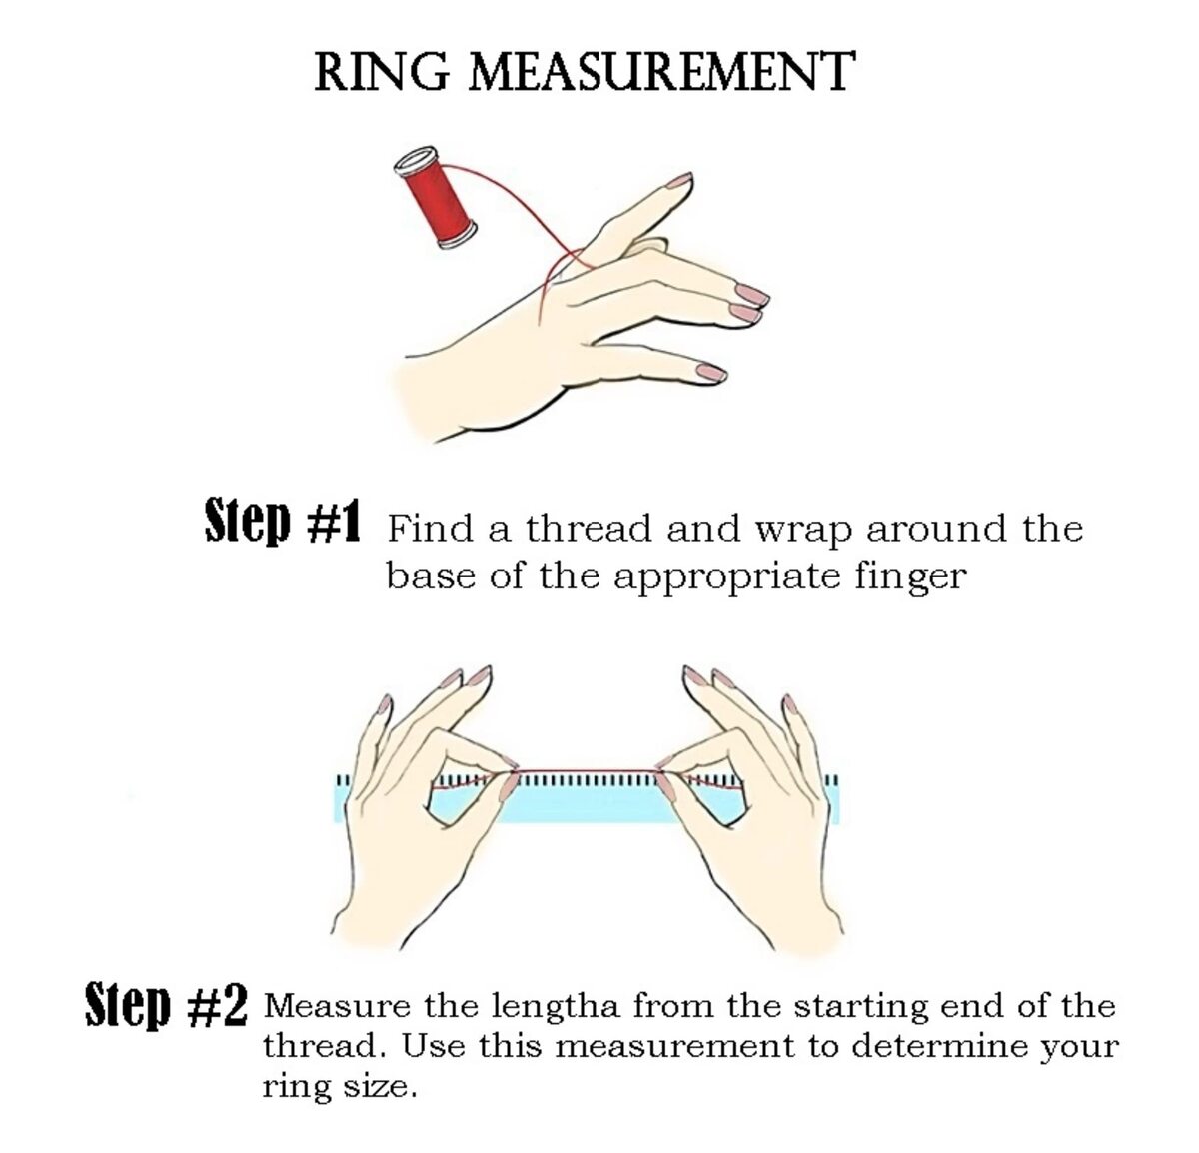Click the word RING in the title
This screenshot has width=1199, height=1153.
coord(382,72)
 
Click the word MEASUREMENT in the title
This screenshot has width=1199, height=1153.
coord(661,72)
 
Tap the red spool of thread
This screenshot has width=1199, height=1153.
coord(435,197)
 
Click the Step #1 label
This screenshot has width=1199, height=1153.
coord(282,521)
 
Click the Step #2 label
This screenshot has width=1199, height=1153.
coord(166,1006)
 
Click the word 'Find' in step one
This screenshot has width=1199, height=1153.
coord(430,529)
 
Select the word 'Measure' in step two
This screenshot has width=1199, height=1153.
coord(337,1006)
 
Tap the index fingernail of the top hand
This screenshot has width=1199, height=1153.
coord(680,180)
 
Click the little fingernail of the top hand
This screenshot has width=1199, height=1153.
coord(710,373)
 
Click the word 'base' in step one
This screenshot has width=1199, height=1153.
coord(431,576)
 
